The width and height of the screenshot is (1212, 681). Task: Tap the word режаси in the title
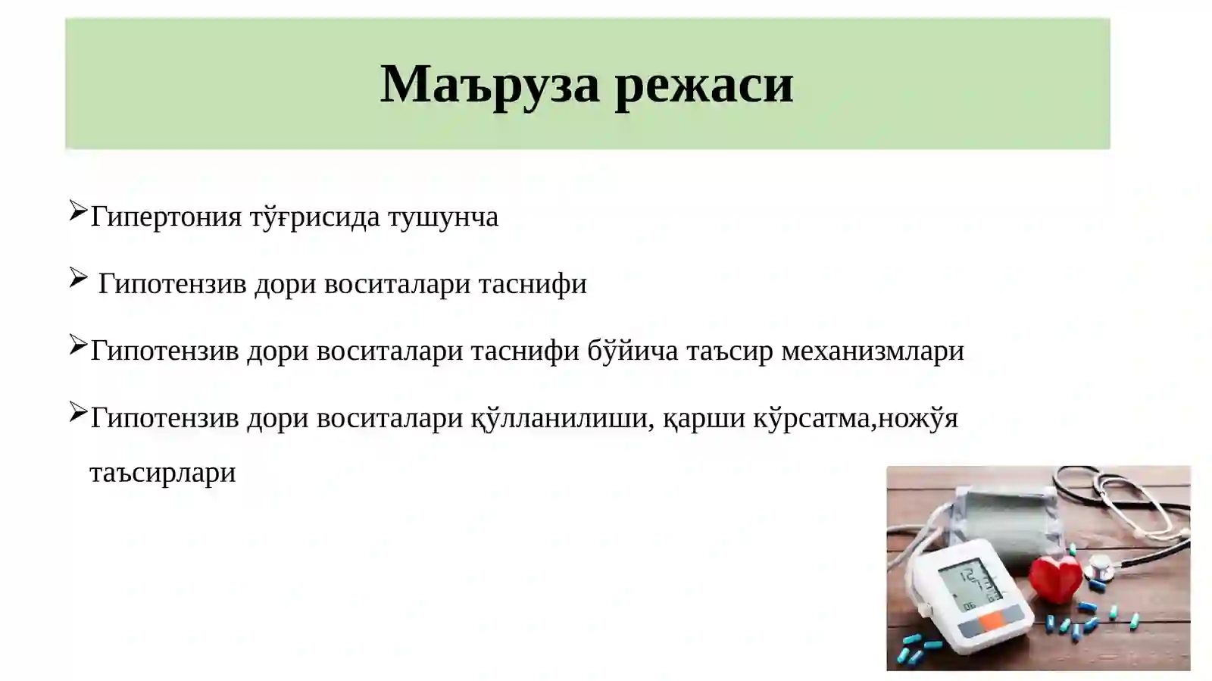[x=704, y=83]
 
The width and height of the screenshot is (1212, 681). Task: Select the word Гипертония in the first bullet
[x=166, y=217]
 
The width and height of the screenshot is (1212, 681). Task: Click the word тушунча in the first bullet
[x=443, y=217]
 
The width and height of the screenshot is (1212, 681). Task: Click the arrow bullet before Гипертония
[x=78, y=211]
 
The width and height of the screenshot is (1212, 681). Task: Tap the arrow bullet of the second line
[x=78, y=278]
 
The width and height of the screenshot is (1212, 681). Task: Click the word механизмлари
[x=873, y=351]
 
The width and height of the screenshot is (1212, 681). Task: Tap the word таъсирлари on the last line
[x=163, y=473]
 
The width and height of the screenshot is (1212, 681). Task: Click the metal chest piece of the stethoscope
[x=1099, y=566]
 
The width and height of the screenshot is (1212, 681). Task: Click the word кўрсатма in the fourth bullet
[x=814, y=418]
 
